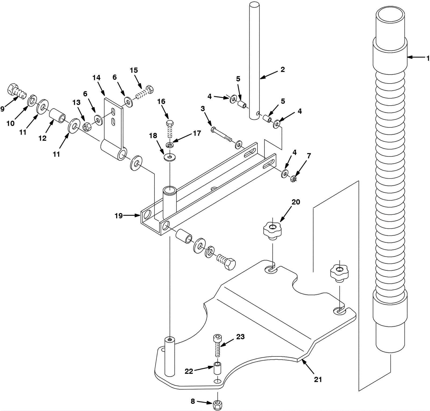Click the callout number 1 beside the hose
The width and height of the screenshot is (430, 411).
pos(428,58)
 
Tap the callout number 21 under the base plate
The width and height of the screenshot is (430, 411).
pos(318,380)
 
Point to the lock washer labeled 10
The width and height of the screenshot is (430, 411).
pos(32,100)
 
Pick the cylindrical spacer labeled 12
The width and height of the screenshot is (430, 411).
pos(58,116)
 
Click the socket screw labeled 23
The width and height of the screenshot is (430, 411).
pos(217,345)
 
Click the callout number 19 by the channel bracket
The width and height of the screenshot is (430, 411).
pos(119,216)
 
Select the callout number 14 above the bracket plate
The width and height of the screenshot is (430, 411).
pos(96,78)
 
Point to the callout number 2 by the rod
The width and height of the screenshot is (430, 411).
pos(282,70)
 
